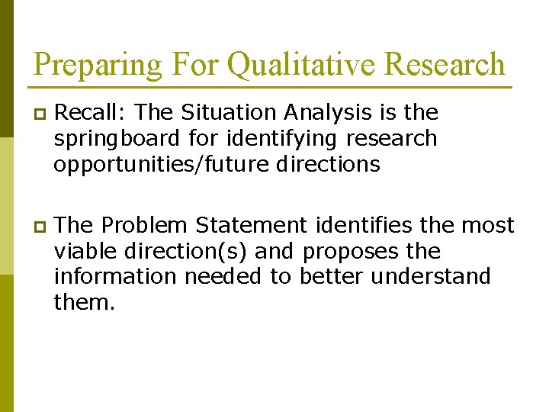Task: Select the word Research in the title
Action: click(x=445, y=65)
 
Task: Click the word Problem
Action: click(x=144, y=226)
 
